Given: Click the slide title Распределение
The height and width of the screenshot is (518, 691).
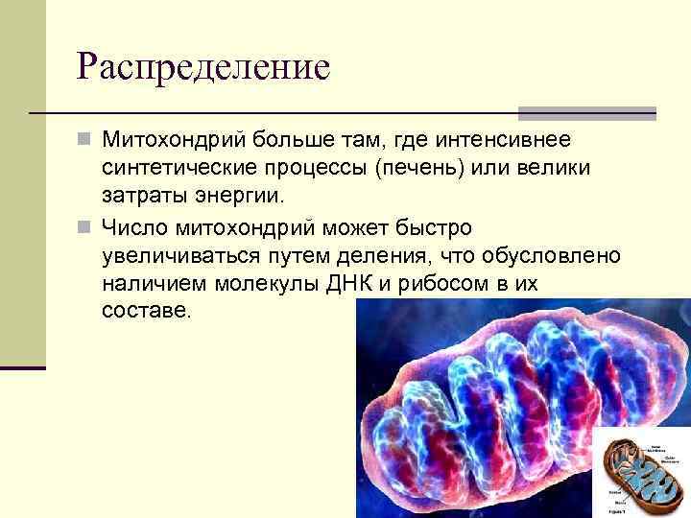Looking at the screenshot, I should tap(203, 66).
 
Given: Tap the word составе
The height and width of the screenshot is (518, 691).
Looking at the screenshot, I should tap(146, 313).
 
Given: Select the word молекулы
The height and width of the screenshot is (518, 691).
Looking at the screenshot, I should tap(291, 285).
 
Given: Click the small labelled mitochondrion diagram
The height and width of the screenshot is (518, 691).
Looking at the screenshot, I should tap(640, 473).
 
